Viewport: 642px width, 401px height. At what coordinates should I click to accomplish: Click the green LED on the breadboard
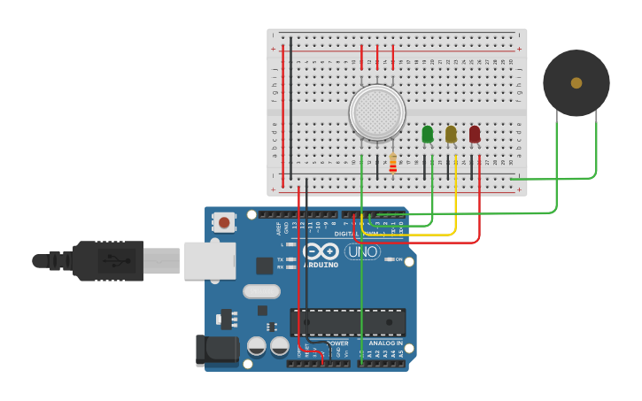[x=428, y=134]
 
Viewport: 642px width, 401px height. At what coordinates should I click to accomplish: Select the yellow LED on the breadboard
[x=451, y=134]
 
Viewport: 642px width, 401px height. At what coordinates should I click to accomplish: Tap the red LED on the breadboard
[x=475, y=134]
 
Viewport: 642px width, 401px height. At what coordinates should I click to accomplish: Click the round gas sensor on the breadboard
[x=377, y=112]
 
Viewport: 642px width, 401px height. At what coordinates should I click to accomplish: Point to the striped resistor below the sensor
[x=392, y=164]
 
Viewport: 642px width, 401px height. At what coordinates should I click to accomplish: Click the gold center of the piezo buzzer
[x=576, y=82]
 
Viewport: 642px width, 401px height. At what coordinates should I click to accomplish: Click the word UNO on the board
[x=362, y=251]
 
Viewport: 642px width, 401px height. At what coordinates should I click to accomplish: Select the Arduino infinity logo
[x=322, y=251]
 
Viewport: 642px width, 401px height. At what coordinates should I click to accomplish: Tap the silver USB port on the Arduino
[x=210, y=260]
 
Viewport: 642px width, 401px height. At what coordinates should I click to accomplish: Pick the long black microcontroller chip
[x=348, y=321]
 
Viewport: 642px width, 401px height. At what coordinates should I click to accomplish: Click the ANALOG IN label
[x=385, y=343]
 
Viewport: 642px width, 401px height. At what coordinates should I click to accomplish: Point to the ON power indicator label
[x=398, y=259]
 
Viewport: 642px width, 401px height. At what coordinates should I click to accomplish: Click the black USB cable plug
[x=106, y=260]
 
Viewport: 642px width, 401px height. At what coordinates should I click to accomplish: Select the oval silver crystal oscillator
[x=261, y=291]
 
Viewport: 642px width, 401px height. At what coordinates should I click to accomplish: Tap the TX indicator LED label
[x=280, y=259]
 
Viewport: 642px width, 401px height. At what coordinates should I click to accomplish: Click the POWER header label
[x=337, y=343]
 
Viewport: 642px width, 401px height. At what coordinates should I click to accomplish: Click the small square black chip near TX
[x=264, y=265]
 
